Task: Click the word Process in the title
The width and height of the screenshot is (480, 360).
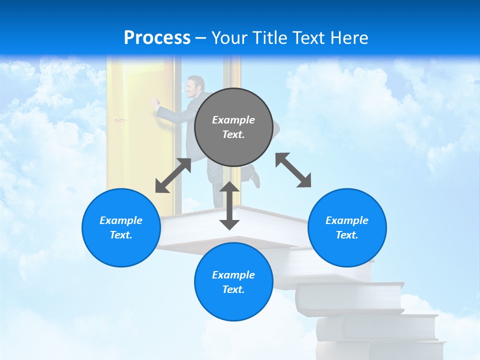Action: coord(157,37)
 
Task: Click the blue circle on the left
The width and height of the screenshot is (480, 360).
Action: coord(121,227)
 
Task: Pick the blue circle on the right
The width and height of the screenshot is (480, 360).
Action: coord(347,227)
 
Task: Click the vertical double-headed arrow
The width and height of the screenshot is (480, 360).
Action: coord(229,205)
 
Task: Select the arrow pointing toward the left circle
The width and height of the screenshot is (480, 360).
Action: coord(173,175)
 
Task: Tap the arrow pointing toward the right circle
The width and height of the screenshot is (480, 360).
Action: coord(293,170)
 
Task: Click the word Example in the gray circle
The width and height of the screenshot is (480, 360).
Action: coord(233,120)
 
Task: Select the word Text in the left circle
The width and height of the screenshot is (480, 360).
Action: coord(121,235)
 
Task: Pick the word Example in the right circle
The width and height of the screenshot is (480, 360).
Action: coord(347,220)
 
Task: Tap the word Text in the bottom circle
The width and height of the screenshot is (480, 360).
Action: coord(233,289)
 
